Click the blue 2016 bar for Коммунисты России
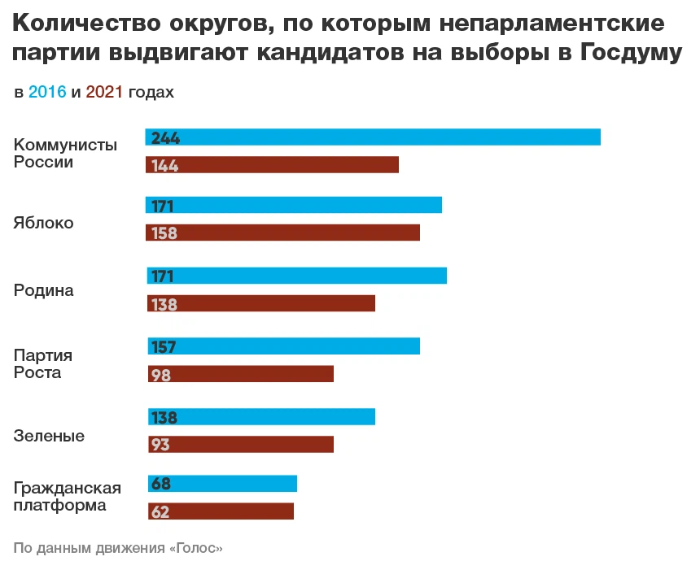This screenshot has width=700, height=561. point(373,137)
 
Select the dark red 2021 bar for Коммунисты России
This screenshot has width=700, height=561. point(272,165)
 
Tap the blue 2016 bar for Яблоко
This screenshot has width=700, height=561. point(294,205)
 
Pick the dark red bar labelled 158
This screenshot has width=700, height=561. point(283,233)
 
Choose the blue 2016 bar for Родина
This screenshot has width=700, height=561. point(296,276)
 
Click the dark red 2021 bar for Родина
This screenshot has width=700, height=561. point(260,303)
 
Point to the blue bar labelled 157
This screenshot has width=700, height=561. point(283,346)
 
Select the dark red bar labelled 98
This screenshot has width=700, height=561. point(240,374)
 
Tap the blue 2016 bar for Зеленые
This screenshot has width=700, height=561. point(260,417)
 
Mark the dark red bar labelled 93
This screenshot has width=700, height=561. point(240,445)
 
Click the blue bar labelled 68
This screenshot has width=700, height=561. point(222,485)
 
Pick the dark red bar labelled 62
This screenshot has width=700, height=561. point(221,511)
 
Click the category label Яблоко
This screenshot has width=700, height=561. point(43,223)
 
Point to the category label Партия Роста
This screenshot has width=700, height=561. point(43,364)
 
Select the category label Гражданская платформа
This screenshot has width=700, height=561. point(67,497)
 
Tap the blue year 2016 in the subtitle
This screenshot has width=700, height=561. point(47,93)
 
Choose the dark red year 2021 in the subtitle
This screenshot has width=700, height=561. point(103,93)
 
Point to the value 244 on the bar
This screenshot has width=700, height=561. point(165,138)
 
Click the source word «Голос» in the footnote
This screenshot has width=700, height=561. point(195,547)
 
